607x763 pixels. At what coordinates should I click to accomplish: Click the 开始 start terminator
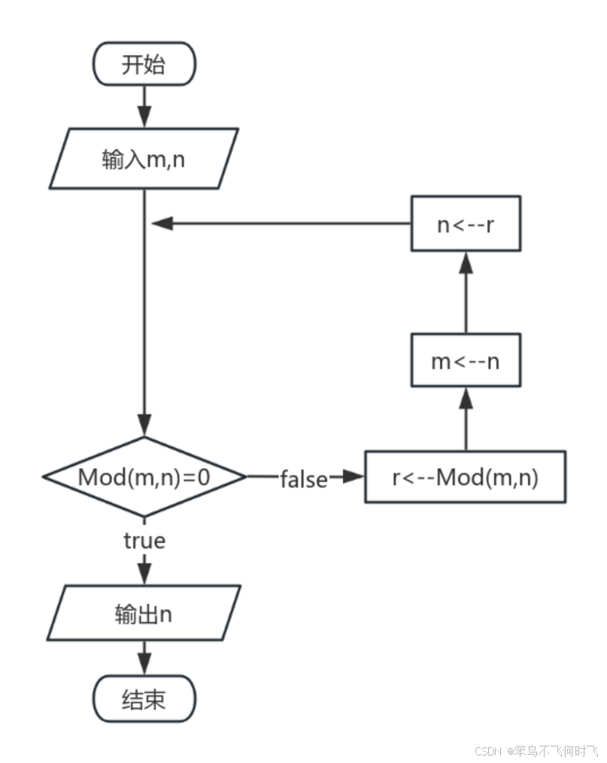pyautogui.click(x=144, y=65)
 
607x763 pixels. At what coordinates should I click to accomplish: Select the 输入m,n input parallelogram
pyautogui.click(x=144, y=159)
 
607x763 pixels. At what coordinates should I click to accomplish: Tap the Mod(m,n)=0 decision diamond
pyautogui.click(x=144, y=477)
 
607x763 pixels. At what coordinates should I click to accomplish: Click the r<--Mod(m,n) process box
pyautogui.click(x=465, y=477)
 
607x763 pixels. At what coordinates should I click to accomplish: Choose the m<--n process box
pyautogui.click(x=465, y=361)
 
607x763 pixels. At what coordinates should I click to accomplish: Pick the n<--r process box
pyautogui.click(x=465, y=223)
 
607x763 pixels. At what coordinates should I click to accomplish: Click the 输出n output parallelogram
pyautogui.click(x=144, y=614)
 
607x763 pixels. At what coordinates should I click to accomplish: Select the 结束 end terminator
pyautogui.click(x=144, y=701)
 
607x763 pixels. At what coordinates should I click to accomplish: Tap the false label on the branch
pyautogui.click(x=304, y=478)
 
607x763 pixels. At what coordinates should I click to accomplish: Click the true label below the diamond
pyautogui.click(x=144, y=540)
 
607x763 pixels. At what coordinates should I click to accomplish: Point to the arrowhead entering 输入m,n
pyautogui.click(x=144, y=117)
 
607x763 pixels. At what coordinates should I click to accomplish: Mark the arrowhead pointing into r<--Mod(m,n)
pyautogui.click(x=352, y=477)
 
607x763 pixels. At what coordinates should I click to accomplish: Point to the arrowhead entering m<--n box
pyautogui.click(x=466, y=397)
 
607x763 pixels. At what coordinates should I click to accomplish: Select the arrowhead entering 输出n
pyautogui.click(x=144, y=574)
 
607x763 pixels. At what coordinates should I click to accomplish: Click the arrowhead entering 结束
pyautogui.click(x=144, y=664)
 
